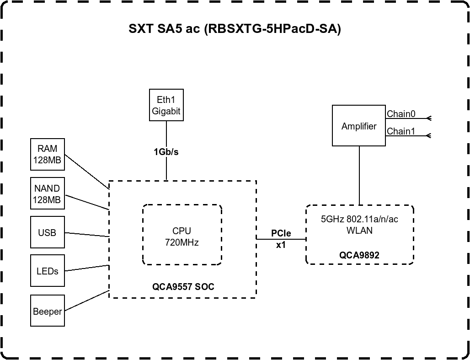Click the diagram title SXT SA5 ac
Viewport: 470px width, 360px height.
click(x=235, y=29)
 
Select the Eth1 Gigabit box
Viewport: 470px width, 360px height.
click(x=166, y=105)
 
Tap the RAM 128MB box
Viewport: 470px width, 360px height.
click(x=48, y=154)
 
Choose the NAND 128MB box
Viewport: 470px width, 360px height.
click(x=48, y=194)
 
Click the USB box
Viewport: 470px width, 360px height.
click(x=48, y=233)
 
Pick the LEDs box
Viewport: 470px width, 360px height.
click(x=48, y=271)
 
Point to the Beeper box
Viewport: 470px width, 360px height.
click(x=48, y=312)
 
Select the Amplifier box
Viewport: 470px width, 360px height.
click(x=359, y=126)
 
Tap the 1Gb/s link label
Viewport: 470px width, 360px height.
click(x=166, y=152)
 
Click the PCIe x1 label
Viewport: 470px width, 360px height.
click(x=281, y=239)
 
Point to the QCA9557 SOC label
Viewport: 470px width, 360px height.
click(x=183, y=287)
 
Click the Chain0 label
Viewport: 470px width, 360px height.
click(x=401, y=114)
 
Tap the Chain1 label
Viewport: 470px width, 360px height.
click(x=401, y=131)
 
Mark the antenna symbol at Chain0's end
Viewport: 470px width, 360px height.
click(x=428, y=118)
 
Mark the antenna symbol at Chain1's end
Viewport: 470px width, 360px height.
click(x=428, y=135)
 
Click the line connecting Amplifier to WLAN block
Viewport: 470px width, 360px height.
click(x=359, y=176)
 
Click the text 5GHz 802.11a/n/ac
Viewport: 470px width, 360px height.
click(x=359, y=220)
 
